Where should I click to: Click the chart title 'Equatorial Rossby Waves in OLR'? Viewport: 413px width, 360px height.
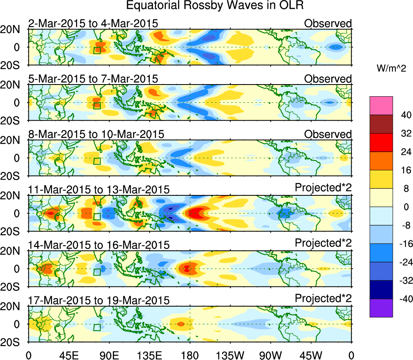click(214, 6)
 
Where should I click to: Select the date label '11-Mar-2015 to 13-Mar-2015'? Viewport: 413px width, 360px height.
click(98, 189)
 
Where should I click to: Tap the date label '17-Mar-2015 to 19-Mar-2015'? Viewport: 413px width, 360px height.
click(98, 300)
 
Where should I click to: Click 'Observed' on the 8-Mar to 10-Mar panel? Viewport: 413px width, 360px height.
click(328, 134)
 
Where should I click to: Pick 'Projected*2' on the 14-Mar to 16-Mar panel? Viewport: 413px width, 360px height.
click(323, 244)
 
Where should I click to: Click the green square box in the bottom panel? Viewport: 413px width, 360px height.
click(97, 327)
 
